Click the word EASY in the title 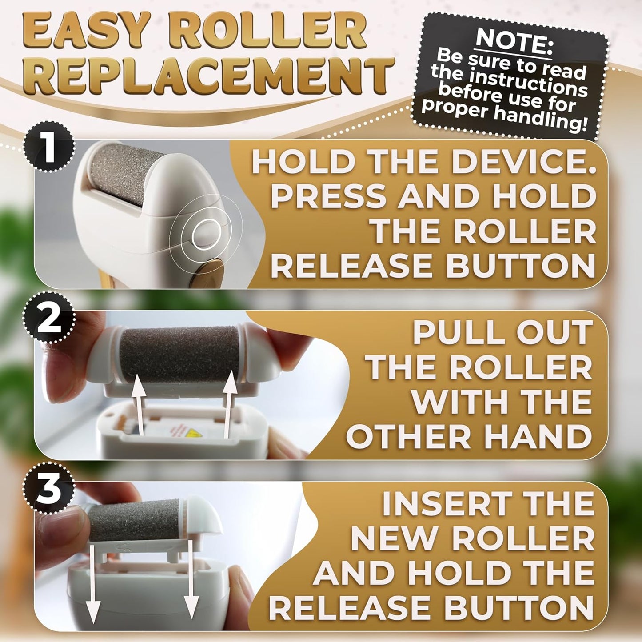(87, 31)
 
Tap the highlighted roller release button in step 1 (206, 232)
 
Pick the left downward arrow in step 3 (92, 582)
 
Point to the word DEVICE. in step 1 (524, 162)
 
